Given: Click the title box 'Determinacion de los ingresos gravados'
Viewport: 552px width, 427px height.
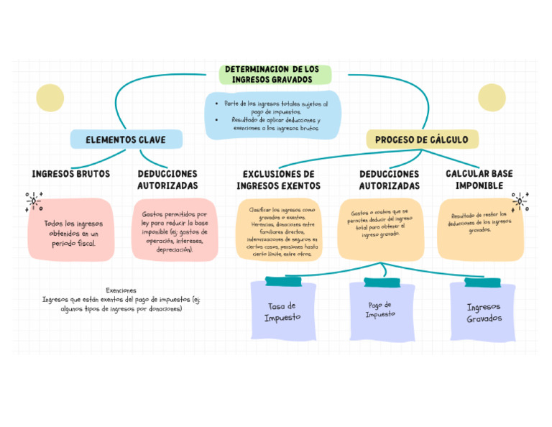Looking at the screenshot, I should pyautogui.click(x=274, y=75).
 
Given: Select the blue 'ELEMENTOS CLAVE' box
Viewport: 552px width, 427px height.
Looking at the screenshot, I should pyautogui.click(x=126, y=139).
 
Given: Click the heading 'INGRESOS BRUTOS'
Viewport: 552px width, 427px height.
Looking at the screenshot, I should pyautogui.click(x=71, y=174).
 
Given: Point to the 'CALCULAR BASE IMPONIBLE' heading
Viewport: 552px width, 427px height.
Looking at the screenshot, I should pyautogui.click(x=479, y=180).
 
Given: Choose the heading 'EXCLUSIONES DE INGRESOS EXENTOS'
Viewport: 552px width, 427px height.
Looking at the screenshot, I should pyautogui.click(x=278, y=180).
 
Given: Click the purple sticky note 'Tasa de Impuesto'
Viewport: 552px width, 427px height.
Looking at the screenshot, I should pyautogui.click(x=282, y=311).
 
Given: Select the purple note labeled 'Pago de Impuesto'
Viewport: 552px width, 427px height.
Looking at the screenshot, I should pyautogui.click(x=381, y=310).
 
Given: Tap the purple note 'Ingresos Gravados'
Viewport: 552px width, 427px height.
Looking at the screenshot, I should pyautogui.click(x=483, y=312).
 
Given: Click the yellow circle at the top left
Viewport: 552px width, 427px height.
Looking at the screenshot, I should pyautogui.click(x=50, y=98).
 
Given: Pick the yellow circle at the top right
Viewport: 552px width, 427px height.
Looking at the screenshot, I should pyautogui.click(x=492, y=98).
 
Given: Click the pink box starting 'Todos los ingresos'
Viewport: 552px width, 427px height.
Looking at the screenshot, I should pyautogui.click(x=71, y=229).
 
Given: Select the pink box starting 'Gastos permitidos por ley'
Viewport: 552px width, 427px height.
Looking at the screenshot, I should pyautogui.click(x=175, y=230).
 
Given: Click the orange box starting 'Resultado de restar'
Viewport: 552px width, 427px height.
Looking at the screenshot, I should pyautogui.click(x=479, y=229).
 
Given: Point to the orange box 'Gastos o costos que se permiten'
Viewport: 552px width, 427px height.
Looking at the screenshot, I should pyautogui.click(x=380, y=229).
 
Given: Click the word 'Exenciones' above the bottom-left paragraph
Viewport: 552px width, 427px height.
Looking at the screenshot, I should pyautogui.click(x=121, y=290).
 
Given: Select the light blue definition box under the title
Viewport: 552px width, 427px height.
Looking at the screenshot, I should pyautogui.click(x=272, y=115).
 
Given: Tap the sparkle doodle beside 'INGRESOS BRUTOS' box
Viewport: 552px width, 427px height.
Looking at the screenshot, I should pyautogui.click(x=33, y=201).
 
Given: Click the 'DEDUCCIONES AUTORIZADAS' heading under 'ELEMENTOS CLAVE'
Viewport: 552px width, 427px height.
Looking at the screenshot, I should pyautogui.click(x=167, y=180).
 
